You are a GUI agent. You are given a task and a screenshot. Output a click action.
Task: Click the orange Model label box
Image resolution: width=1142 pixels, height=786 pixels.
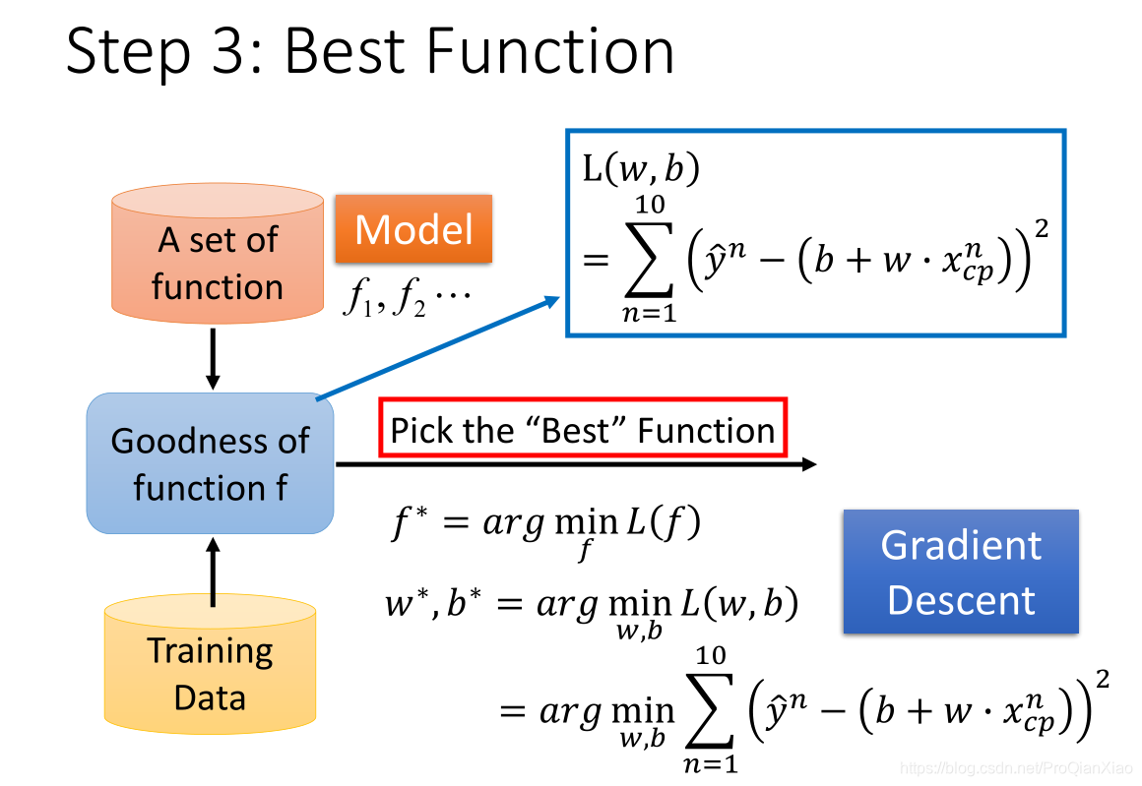[x=413, y=229]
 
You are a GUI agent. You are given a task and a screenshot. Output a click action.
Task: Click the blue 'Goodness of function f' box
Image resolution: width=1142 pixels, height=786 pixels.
[x=210, y=463]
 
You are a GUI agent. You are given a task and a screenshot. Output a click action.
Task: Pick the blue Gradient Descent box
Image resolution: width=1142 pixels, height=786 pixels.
[x=960, y=572]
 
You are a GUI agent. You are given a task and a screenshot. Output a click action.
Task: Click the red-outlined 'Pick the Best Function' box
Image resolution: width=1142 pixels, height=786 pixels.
[x=583, y=430]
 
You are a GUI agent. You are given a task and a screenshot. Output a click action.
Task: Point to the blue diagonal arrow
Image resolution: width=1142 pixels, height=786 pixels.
[x=438, y=348]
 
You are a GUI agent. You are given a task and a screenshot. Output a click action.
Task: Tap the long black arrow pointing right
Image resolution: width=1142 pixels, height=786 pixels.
[x=576, y=463]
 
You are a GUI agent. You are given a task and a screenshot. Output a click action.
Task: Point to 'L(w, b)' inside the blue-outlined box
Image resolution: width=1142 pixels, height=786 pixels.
[x=641, y=170]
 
